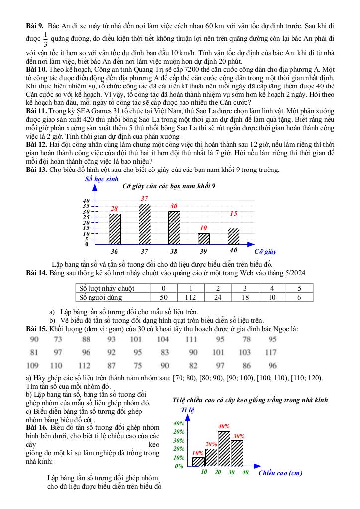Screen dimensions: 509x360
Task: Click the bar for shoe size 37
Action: click(x=144, y=223)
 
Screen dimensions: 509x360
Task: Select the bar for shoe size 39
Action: click(x=204, y=238)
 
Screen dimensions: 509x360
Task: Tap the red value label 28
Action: click(x=115, y=208)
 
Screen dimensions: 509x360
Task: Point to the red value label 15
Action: click(x=233, y=213)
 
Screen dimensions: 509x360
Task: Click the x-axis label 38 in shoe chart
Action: click(x=174, y=251)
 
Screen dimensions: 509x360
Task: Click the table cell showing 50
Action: click(x=163, y=297)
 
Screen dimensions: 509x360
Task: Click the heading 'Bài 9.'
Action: click(x=35, y=25)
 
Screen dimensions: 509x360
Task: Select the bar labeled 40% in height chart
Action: click(x=224, y=449)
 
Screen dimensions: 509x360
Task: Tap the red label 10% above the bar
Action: click(x=198, y=453)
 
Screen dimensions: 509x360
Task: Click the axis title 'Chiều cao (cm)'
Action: click(x=280, y=473)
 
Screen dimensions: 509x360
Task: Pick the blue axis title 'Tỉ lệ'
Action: click(x=187, y=410)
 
